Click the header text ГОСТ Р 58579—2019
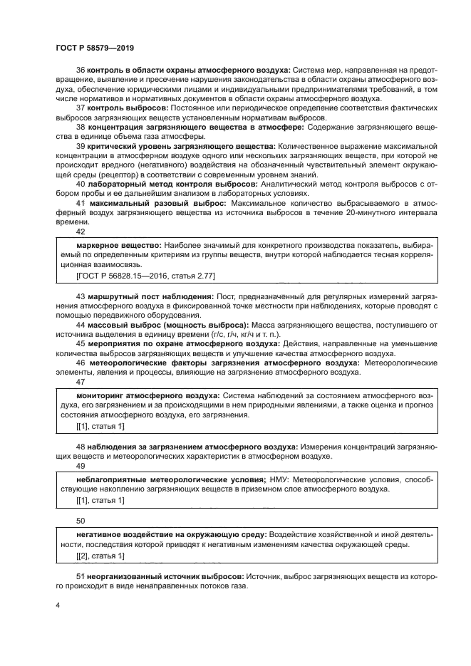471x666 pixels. click(x=95, y=48)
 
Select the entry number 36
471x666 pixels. click(x=80, y=71)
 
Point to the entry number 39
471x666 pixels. click(x=80, y=146)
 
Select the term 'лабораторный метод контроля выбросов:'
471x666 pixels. click(x=160, y=183)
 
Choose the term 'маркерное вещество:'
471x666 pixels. click(x=115, y=244)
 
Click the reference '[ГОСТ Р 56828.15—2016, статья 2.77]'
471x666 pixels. click(x=135, y=274)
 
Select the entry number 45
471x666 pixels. click(x=80, y=343)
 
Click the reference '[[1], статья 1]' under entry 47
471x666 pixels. click(x=100, y=425)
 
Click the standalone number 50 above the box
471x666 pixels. click(x=80, y=520)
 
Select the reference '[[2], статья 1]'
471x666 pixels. click(x=100, y=555)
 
